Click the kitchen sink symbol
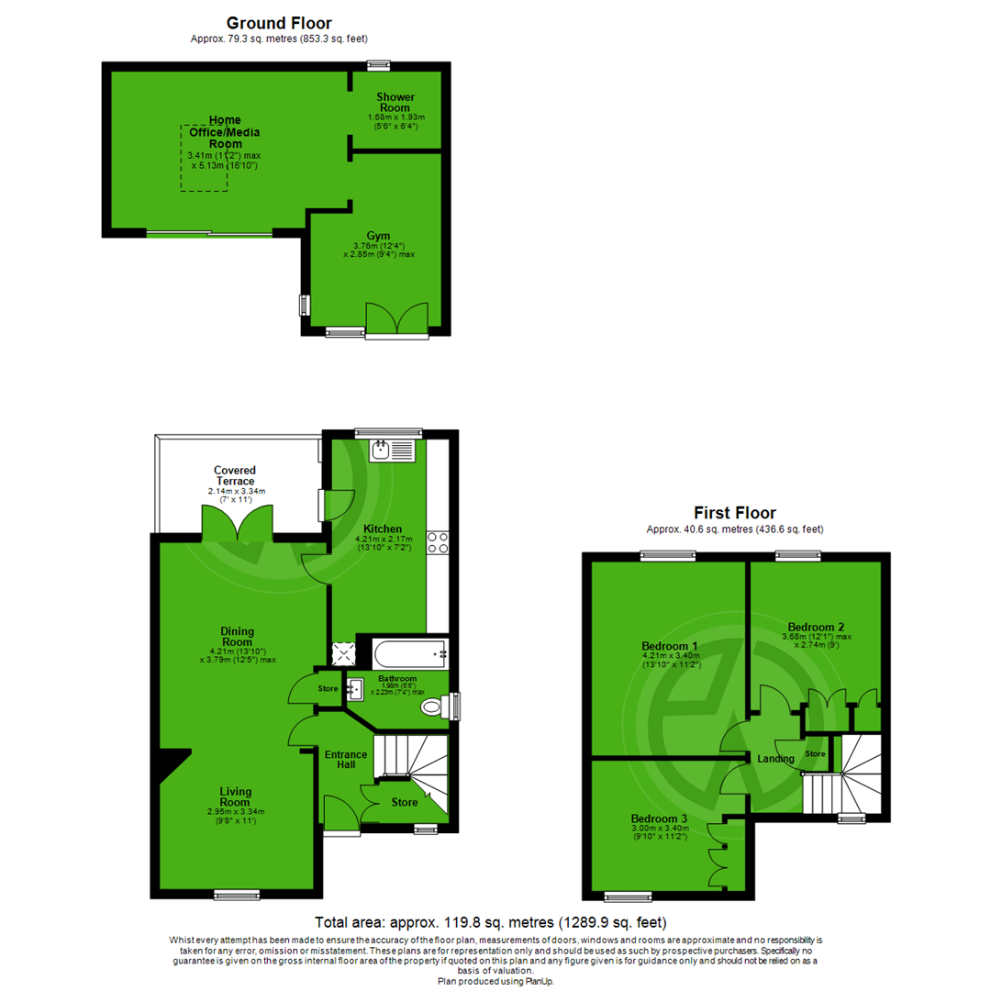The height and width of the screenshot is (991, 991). click(392, 450)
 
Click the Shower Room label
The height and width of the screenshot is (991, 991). click(396, 102)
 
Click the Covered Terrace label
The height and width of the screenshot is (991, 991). click(236, 475)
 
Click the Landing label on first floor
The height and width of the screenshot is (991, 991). click(775, 759)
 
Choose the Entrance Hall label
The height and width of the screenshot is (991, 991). click(346, 760)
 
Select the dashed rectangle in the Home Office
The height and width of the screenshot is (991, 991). click(204, 158)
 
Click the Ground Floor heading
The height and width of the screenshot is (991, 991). click(279, 22)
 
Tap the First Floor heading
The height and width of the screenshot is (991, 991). click(735, 513)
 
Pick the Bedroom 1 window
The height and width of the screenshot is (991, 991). click(668, 555)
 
